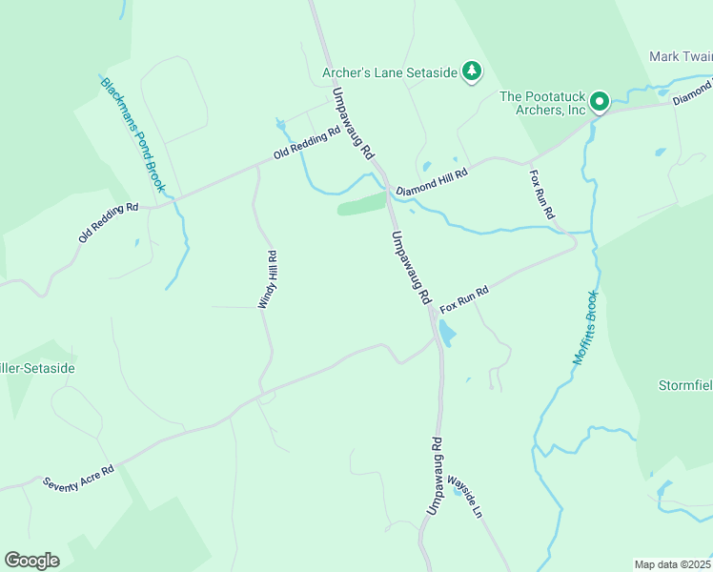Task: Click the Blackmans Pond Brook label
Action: [x=133, y=134]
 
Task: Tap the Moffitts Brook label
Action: [x=585, y=328]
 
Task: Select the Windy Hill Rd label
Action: [x=267, y=279]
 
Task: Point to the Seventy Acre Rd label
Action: [x=78, y=478]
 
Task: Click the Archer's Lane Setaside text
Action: [x=389, y=71]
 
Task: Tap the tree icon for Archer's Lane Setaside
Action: [x=471, y=71]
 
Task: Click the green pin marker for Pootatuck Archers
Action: [x=599, y=100]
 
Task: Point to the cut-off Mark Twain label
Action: [x=681, y=56]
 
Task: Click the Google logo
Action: [x=31, y=561]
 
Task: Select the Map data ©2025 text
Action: [x=672, y=564]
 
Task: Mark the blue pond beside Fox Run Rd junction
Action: [x=446, y=333]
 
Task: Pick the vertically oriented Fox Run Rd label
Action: [x=541, y=194]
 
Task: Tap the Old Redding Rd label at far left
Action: [x=109, y=221]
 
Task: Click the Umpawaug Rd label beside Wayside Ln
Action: [x=435, y=477]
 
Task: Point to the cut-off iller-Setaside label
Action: [x=37, y=367]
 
